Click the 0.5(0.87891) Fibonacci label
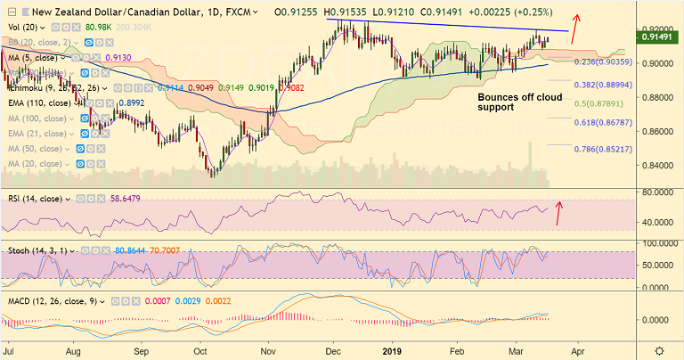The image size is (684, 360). point(604,103)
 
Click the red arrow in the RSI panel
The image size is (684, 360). point(559,213)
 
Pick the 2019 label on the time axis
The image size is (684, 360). point(393,351)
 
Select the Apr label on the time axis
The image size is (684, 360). point(575,351)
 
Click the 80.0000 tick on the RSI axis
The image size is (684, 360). point(656,192)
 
